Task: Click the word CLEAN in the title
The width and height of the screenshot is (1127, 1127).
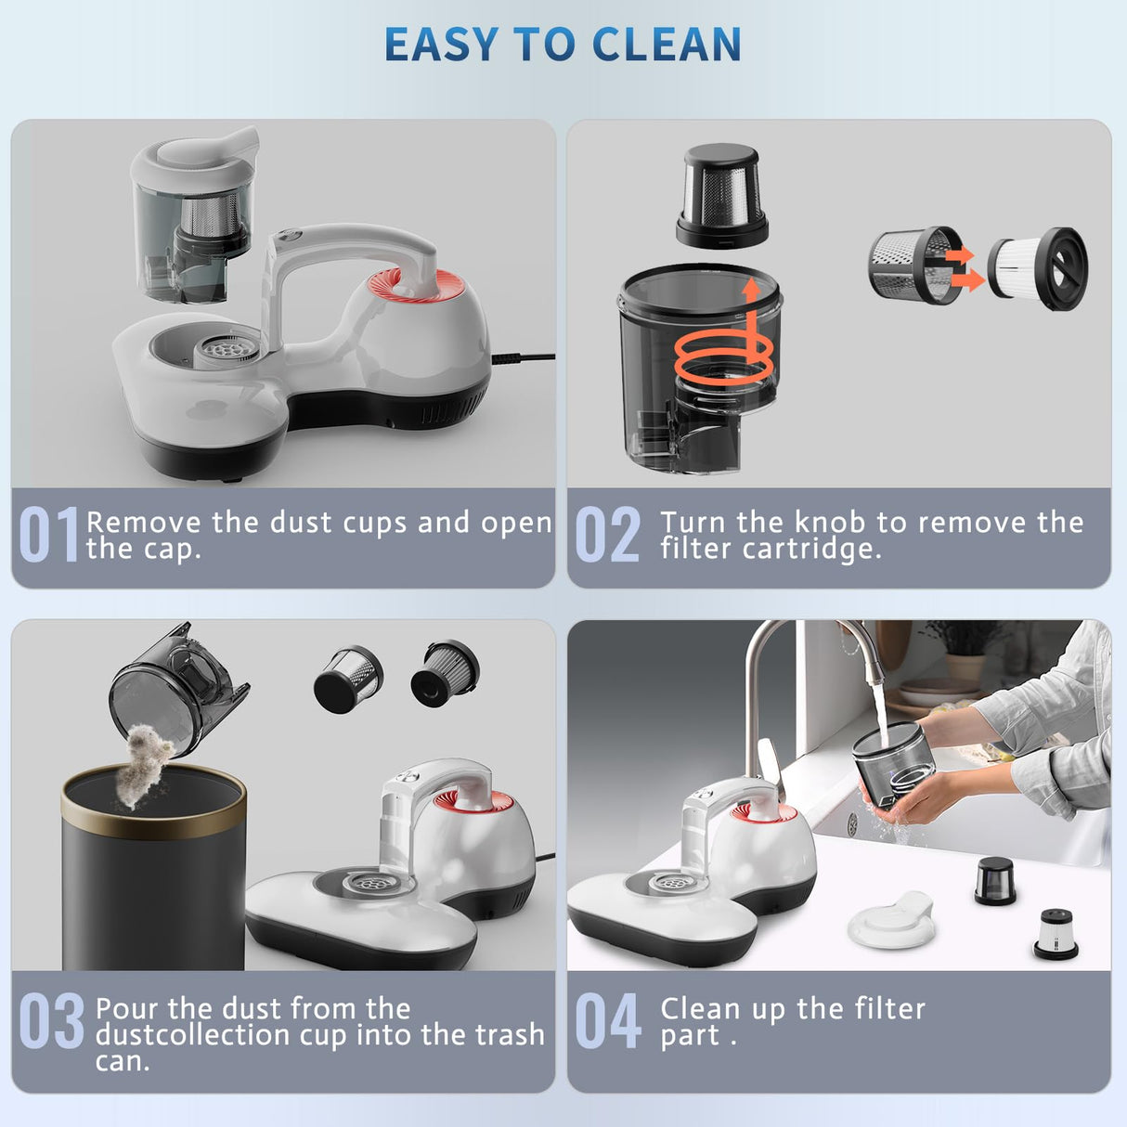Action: [666, 45]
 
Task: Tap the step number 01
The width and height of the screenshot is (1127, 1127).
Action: [48, 535]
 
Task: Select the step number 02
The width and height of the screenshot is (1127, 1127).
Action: [608, 535]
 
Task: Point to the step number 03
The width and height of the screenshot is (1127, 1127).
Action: [51, 1021]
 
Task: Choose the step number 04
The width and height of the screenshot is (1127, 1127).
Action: [608, 1021]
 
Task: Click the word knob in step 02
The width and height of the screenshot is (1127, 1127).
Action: [832, 522]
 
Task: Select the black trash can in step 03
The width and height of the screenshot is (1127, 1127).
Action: [153, 873]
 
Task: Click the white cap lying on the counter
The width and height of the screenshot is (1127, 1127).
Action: [891, 919]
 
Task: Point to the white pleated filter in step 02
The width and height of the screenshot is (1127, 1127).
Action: [1036, 269]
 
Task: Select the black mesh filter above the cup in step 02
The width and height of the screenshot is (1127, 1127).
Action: [722, 196]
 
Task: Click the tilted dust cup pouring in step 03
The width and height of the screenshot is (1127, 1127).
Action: [176, 687]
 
